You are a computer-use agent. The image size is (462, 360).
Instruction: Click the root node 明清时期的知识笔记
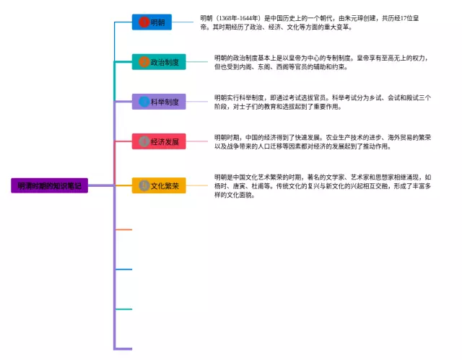pos(49,185)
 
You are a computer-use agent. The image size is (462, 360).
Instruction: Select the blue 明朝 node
pos(152,22)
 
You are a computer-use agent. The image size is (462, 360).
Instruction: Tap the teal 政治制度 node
pos(159,62)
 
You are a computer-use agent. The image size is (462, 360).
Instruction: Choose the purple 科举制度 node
pos(159,102)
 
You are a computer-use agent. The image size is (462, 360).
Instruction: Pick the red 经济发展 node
pos(159,141)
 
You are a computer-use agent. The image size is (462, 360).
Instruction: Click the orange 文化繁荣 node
pos(159,185)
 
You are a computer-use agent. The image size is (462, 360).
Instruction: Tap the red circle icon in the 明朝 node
pos(144,22)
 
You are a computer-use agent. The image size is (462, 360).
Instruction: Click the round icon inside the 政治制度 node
pos(144,62)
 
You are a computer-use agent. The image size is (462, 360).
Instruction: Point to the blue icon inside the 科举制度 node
pos(144,102)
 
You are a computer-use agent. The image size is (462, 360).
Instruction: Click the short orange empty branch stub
pos(123,229)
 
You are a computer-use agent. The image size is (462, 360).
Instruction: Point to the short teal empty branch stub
pos(123,309)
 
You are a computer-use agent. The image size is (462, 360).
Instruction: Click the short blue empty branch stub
pos(123,269)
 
